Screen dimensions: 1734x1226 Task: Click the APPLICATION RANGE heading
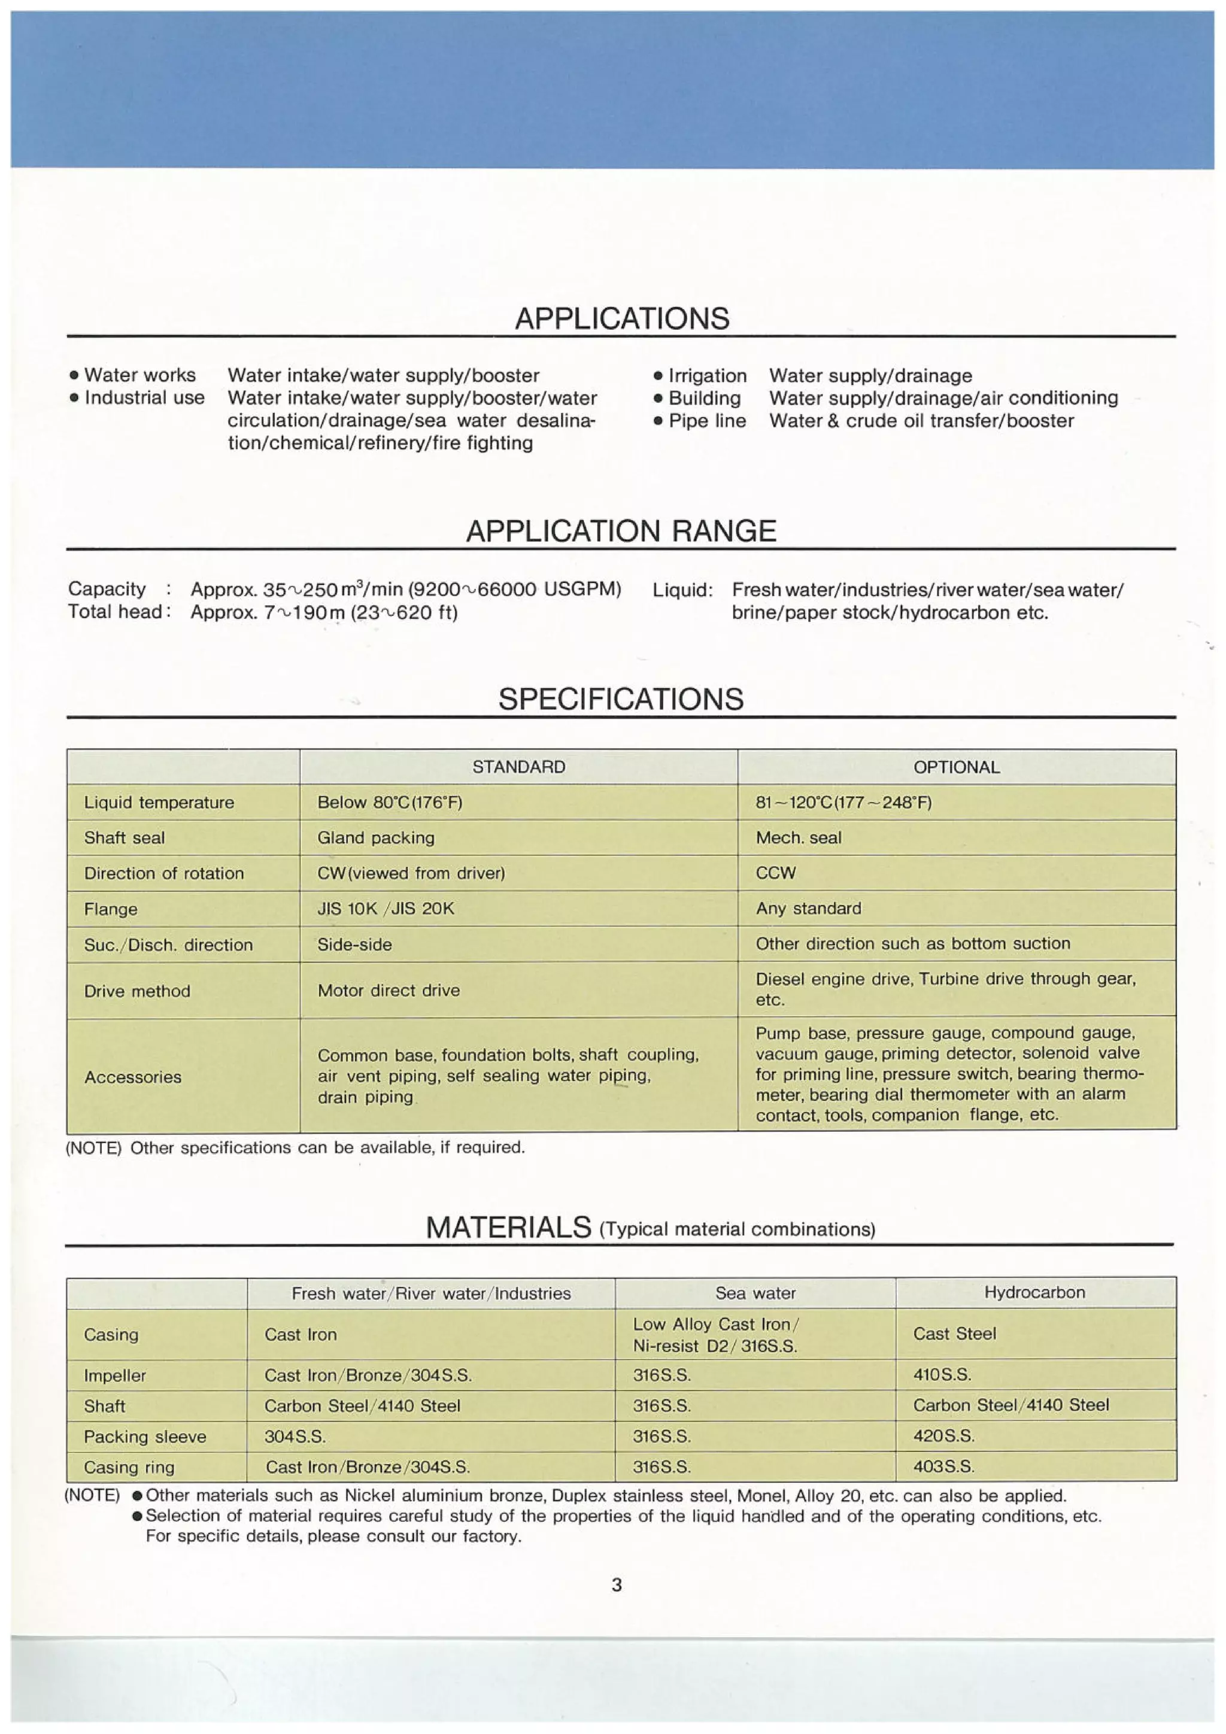[620, 531]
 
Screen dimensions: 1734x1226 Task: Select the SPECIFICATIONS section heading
[620, 699]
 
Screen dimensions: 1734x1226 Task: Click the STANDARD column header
[518, 767]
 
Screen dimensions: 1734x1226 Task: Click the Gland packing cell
[375, 837]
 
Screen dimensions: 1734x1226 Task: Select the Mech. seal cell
[798, 837]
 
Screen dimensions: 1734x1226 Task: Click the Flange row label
[110, 909]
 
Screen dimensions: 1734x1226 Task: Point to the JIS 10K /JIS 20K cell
[386, 909]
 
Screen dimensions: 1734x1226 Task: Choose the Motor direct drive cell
[389, 990]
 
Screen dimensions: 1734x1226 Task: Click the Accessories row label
[133, 1077]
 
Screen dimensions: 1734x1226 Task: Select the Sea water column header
[755, 1293]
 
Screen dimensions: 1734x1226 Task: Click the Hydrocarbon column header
[1034, 1292]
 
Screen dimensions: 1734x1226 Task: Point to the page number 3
[617, 1584]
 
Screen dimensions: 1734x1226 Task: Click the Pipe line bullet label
[707, 421]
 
